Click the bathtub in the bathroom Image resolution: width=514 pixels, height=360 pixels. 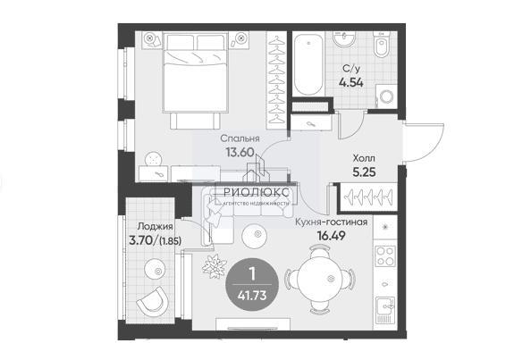[x=308, y=64]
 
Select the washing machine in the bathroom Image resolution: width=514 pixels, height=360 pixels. [x=386, y=96]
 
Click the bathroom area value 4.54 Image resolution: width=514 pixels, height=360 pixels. [x=351, y=82]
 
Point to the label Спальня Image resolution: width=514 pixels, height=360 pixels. [x=240, y=138]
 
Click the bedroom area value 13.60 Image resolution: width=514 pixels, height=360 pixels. [x=240, y=152]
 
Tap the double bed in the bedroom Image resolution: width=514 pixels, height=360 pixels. [x=196, y=72]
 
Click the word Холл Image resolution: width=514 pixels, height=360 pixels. [x=364, y=158]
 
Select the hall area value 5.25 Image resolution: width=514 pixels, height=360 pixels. [x=364, y=172]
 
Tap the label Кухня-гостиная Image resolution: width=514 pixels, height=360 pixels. [x=331, y=222]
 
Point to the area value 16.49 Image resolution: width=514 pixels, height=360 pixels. [x=331, y=235]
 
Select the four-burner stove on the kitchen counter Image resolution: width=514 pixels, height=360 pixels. [x=385, y=255]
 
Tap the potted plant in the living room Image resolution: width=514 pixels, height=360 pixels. [x=215, y=266]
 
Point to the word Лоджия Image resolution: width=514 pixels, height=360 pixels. [x=155, y=226]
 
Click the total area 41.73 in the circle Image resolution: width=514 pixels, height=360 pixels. [x=252, y=296]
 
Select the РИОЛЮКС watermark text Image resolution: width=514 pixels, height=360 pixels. [x=257, y=192]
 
